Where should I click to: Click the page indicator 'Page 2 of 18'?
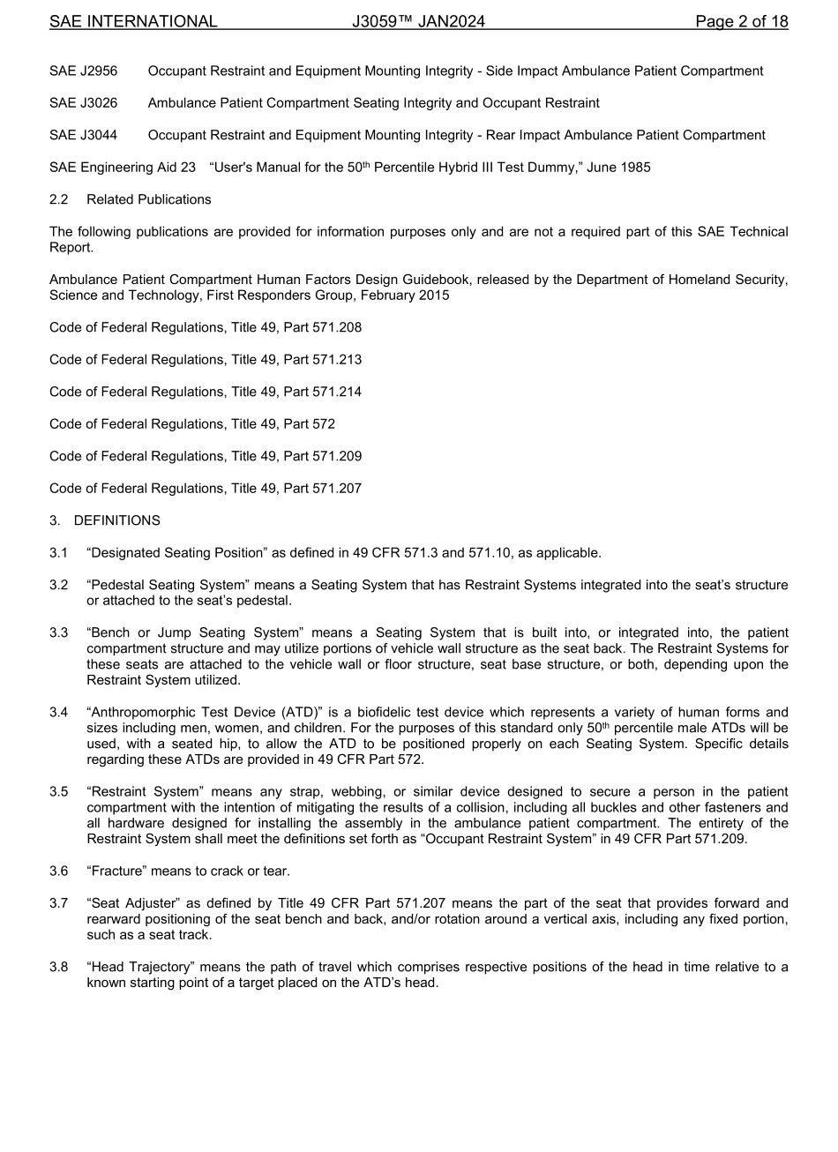coord(741,22)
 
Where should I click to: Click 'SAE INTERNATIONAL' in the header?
coord(133,22)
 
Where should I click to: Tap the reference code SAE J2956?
coord(83,71)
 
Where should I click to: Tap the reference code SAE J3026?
coord(83,103)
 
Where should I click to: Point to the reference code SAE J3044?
coord(83,135)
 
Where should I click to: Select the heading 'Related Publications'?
coord(148,199)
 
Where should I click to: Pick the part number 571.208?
coord(337,328)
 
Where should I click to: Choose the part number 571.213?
coord(337,360)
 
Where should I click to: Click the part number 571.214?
coord(337,392)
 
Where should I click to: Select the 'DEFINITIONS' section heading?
coord(116,520)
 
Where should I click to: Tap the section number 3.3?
coord(58,632)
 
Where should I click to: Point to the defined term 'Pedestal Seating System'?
coord(165,585)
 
